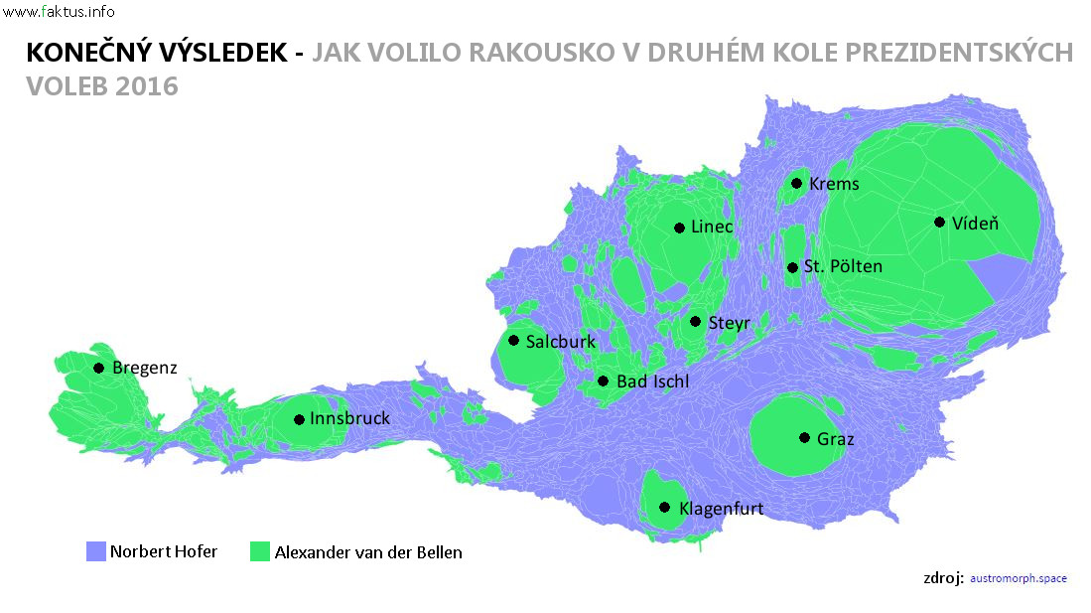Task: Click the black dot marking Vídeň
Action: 939,222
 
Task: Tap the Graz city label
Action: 836,438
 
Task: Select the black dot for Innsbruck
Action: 299,419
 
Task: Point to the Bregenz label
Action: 144,369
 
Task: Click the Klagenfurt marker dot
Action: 664,508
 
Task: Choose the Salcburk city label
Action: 561,342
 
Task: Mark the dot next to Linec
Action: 679,228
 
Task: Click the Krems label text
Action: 834,184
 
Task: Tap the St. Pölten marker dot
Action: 792,267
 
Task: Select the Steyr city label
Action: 729,322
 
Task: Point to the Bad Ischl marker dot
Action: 603,381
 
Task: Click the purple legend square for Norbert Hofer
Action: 96,551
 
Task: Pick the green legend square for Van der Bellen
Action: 260,551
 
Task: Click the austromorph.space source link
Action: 1018,578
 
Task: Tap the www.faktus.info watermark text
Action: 59,12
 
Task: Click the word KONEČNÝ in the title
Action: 86,53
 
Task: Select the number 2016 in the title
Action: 147,86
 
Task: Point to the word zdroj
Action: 943,577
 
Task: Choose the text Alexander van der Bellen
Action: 368,552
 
